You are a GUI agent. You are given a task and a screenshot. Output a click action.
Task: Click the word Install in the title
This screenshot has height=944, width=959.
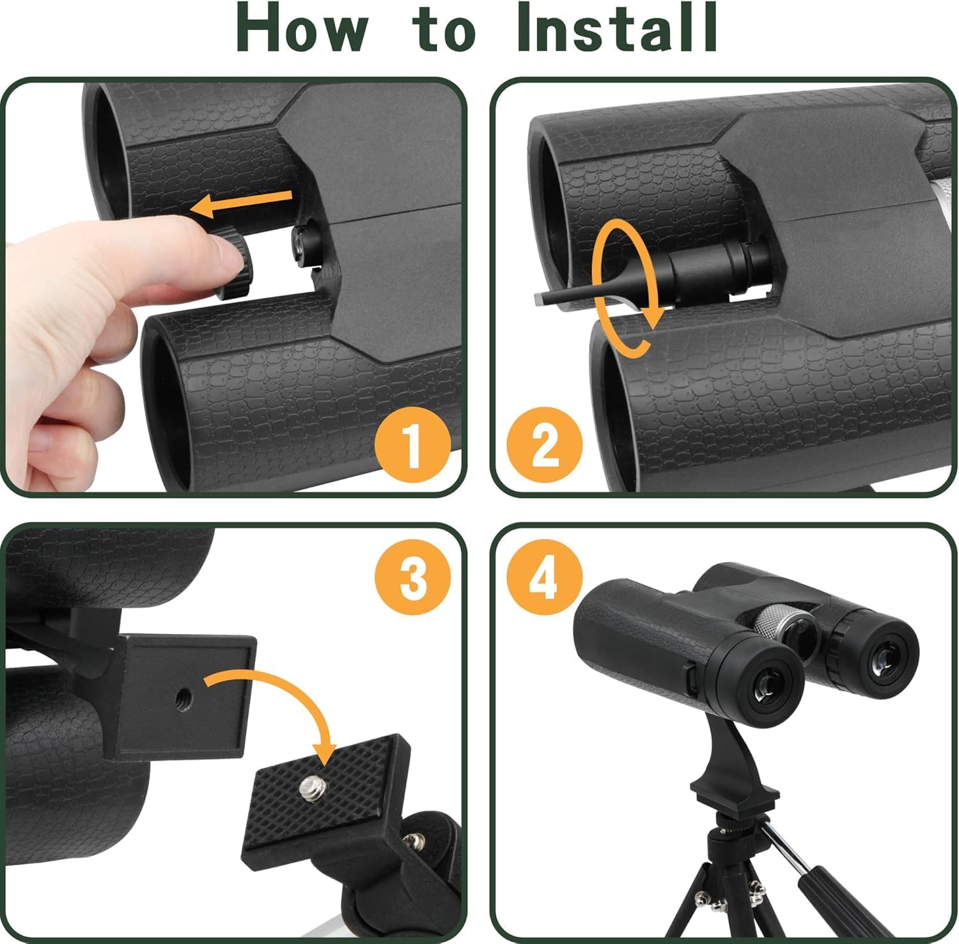pos(616,29)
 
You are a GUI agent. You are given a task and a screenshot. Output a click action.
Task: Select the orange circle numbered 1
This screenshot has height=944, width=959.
pos(412,445)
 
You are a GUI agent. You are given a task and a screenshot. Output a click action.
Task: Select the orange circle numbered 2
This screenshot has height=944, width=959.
pos(545,445)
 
